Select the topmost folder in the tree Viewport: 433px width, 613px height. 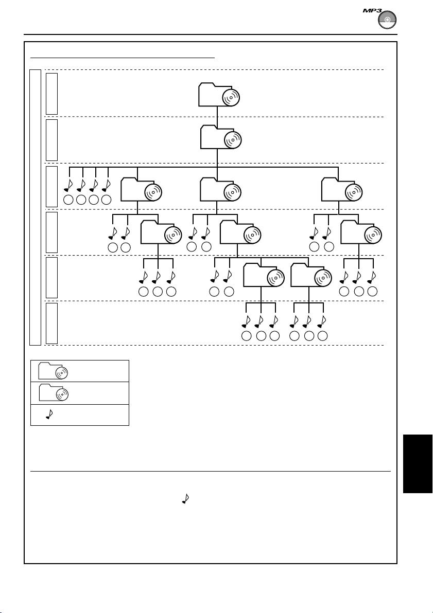click(x=219, y=94)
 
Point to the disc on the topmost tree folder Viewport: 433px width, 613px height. click(x=231, y=97)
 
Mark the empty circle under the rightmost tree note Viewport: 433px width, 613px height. click(x=372, y=292)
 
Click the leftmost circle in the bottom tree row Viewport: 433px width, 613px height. click(x=247, y=336)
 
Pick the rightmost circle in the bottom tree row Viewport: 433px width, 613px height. click(x=323, y=336)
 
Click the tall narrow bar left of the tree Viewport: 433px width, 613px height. click(x=35, y=207)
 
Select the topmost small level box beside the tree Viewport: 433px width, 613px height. click(x=51, y=94)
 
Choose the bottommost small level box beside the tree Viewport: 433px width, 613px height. click(x=51, y=323)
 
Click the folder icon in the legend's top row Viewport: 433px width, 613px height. click(x=52, y=371)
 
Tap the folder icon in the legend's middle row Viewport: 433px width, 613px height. click(x=52, y=393)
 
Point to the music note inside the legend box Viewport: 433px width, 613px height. click(x=49, y=415)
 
